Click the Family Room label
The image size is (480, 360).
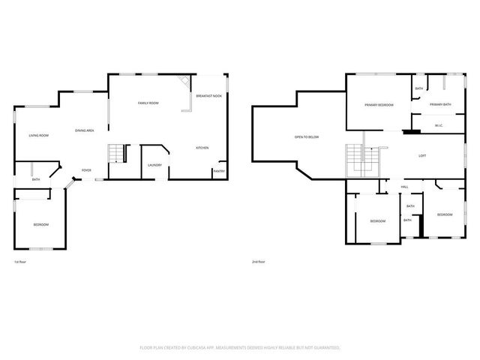[148, 103]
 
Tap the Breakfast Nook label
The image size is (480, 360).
[208, 97]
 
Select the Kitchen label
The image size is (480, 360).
[202, 148]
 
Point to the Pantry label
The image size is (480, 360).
[219, 171]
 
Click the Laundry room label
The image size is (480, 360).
[155, 165]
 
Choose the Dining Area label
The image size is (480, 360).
[84, 131]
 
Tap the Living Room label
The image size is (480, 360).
[39, 135]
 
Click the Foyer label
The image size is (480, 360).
[86, 170]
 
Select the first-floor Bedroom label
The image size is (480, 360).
[40, 224]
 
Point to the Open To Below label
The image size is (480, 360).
[307, 137]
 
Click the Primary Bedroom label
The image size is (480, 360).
[379, 105]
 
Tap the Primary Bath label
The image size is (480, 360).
[440, 104]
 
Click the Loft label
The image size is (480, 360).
[422, 155]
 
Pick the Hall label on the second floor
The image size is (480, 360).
[404, 187]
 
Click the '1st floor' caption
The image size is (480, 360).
[20, 262]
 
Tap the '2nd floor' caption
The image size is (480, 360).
[259, 262]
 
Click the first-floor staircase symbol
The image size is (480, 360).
[115, 154]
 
